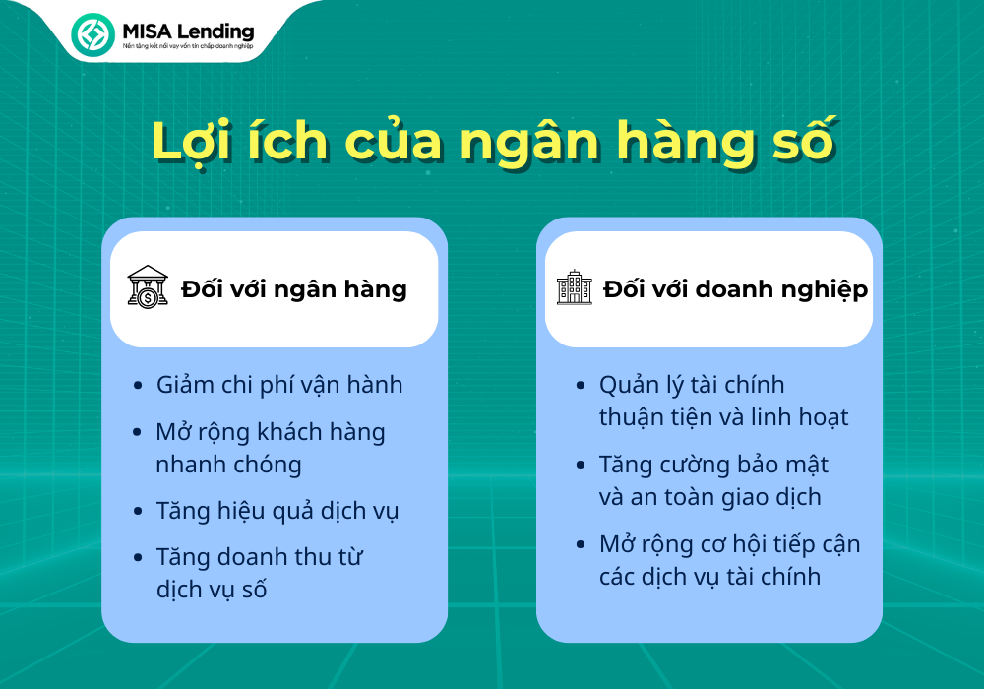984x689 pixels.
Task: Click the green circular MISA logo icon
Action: pos(92,34)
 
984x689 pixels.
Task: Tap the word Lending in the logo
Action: pos(215,31)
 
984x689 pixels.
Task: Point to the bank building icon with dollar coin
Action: pos(148,286)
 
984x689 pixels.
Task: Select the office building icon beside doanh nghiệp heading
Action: pos(575,287)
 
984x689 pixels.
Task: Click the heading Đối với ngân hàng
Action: pos(293,289)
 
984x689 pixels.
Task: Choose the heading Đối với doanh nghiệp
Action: pos(735,289)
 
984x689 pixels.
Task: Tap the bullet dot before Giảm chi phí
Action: pos(138,385)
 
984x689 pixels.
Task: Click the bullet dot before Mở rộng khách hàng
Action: pos(138,432)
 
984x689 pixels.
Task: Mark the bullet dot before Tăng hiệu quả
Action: pos(138,512)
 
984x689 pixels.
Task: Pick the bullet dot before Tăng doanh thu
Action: pos(138,558)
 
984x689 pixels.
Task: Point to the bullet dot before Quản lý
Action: pos(581,385)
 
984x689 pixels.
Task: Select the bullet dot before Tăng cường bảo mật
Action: pos(581,465)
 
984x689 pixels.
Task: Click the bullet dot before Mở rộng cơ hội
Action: pos(581,544)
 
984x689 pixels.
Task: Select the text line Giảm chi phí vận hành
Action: pos(279,385)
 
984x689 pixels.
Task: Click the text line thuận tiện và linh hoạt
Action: pos(723,417)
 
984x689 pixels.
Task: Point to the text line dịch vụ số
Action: pos(212,590)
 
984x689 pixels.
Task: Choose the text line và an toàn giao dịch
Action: pos(709,497)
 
